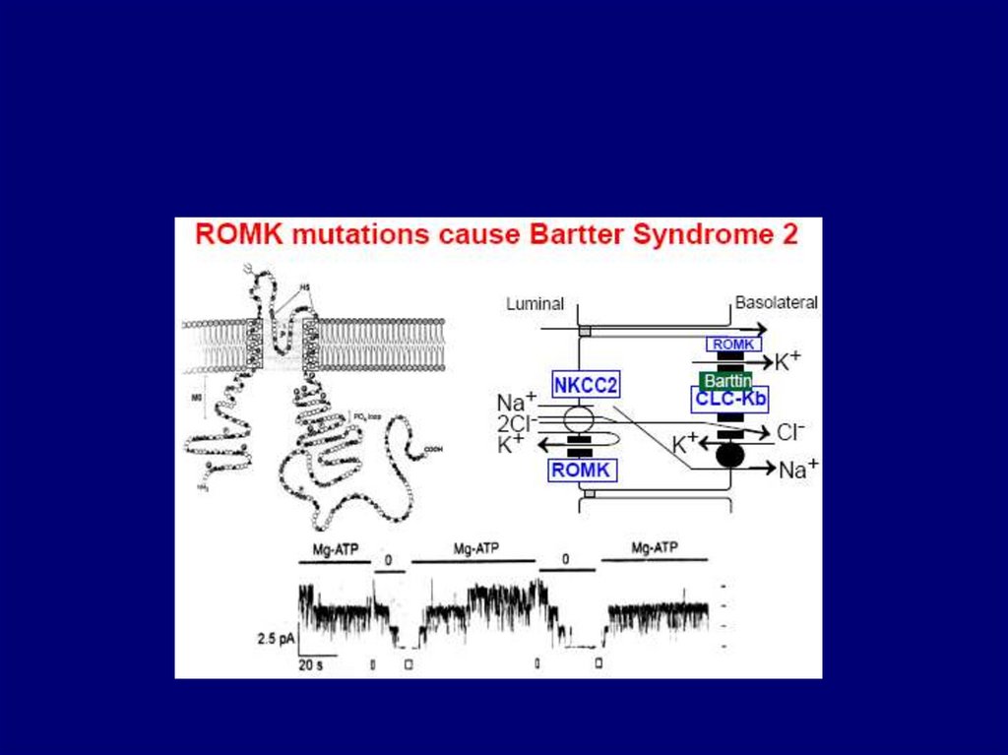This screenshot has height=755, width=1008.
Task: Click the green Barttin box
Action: pos(725,380)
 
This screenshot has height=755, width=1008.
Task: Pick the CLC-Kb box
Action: pos(729,399)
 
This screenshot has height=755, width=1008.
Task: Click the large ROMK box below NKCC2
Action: pos(583,471)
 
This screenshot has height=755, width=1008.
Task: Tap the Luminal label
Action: pos(535,304)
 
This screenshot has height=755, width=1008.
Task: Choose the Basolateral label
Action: pos(776,303)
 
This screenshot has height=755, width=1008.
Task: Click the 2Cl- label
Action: pos(518,423)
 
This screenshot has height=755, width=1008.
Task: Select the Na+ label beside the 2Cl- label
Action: pos(517,403)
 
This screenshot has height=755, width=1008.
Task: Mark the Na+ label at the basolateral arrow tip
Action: pos(798,470)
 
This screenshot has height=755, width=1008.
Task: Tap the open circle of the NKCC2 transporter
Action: pos(579,421)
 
